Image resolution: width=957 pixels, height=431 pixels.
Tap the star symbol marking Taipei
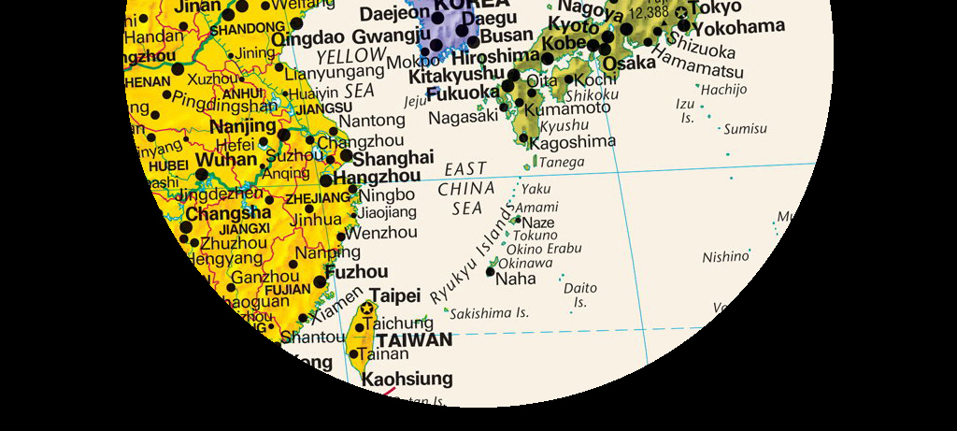tap(367, 309)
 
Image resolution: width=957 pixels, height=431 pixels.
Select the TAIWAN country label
tap(414, 340)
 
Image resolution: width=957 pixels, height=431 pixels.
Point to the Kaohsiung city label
tap(407, 379)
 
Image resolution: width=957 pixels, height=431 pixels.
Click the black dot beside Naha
tap(491, 271)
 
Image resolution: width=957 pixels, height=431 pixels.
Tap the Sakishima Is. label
tap(489, 314)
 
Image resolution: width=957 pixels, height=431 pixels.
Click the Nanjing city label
tap(243, 126)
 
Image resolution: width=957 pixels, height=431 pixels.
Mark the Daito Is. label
tap(580, 295)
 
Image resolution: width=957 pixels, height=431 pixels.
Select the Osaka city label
tap(629, 64)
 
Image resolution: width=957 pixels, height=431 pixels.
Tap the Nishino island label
tap(726, 256)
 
